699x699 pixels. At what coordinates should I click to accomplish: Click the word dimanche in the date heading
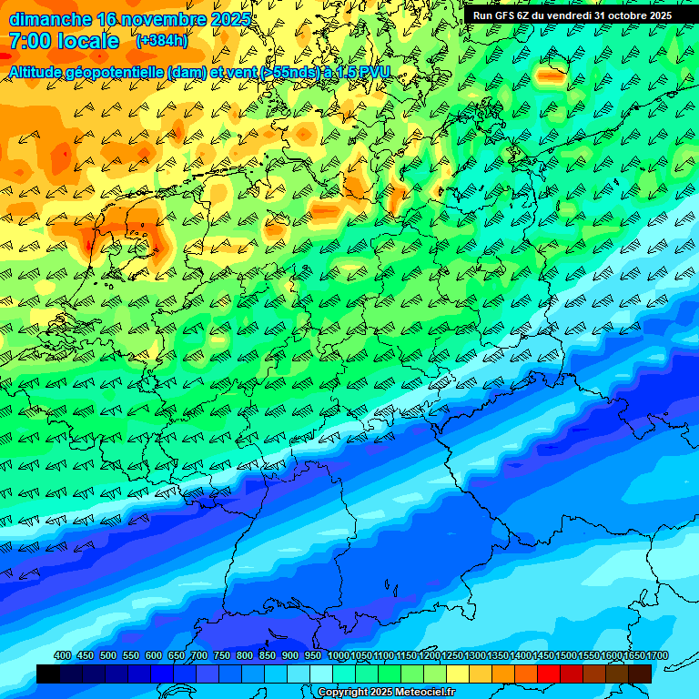tap(50, 19)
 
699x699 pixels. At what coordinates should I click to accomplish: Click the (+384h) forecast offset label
tap(162, 41)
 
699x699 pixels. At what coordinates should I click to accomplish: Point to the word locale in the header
tap(92, 41)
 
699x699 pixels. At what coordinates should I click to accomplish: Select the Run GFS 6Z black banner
tap(572, 15)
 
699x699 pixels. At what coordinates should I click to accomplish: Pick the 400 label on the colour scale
tap(63, 656)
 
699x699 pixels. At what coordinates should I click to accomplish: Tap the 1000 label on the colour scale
tap(339, 656)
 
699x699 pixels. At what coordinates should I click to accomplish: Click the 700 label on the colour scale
tap(199, 656)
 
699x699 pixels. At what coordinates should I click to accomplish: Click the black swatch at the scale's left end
tap(48, 674)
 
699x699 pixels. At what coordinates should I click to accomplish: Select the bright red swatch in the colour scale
tap(549, 674)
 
